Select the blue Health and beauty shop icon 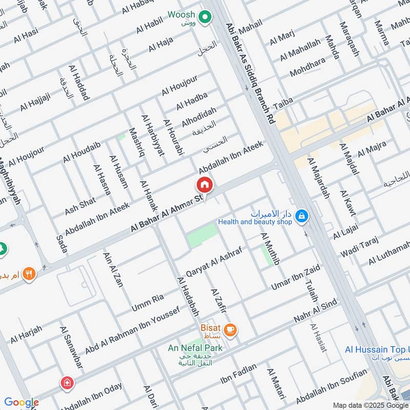302,216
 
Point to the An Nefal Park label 195,348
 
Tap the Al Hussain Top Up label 377,350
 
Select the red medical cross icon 66,382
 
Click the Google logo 21,403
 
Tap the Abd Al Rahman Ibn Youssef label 132,330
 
